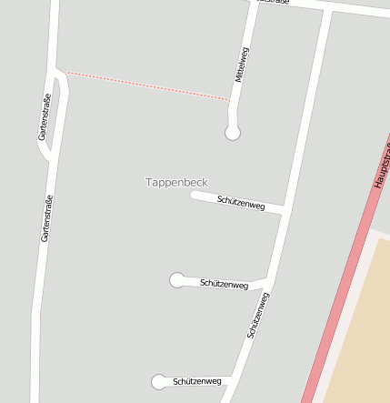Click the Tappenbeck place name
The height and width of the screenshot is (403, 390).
click(x=176, y=182)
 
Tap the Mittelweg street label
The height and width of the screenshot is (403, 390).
click(x=241, y=65)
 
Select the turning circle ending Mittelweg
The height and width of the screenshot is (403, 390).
click(x=233, y=133)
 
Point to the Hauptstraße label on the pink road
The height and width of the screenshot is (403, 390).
click(x=382, y=164)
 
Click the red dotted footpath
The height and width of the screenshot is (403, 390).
click(x=145, y=86)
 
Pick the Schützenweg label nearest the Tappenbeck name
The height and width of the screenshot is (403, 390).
click(x=241, y=202)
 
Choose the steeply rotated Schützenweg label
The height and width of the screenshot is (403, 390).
click(x=258, y=316)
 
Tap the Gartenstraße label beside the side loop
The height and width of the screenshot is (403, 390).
click(x=43, y=117)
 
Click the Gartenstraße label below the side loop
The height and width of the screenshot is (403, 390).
click(x=45, y=218)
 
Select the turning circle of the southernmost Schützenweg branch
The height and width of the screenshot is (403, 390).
click(x=159, y=381)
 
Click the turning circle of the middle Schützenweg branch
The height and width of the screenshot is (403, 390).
click(x=177, y=280)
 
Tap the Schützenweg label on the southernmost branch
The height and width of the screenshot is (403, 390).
click(x=197, y=381)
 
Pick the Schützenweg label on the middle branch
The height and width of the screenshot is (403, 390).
click(x=224, y=285)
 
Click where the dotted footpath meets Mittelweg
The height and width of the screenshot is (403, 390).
click(x=230, y=99)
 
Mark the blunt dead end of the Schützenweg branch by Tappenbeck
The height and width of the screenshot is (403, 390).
click(x=193, y=194)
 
